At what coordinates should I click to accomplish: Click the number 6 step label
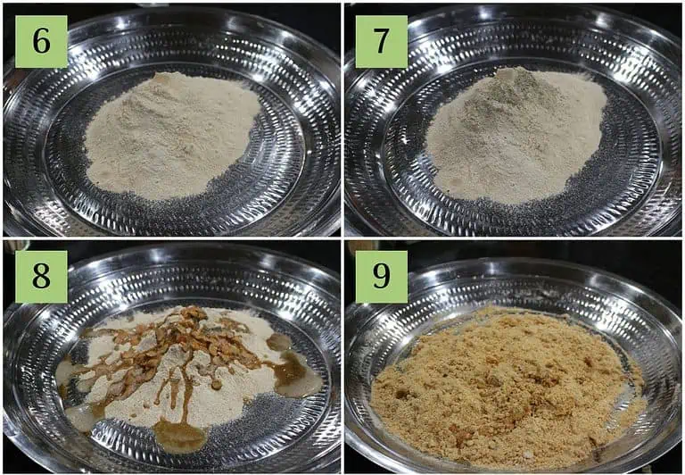tap(42, 42)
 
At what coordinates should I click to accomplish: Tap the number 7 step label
tap(381, 42)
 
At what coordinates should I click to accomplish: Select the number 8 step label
tap(42, 276)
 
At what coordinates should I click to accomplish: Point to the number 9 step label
tap(381, 277)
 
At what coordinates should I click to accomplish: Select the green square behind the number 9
tap(382, 277)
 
